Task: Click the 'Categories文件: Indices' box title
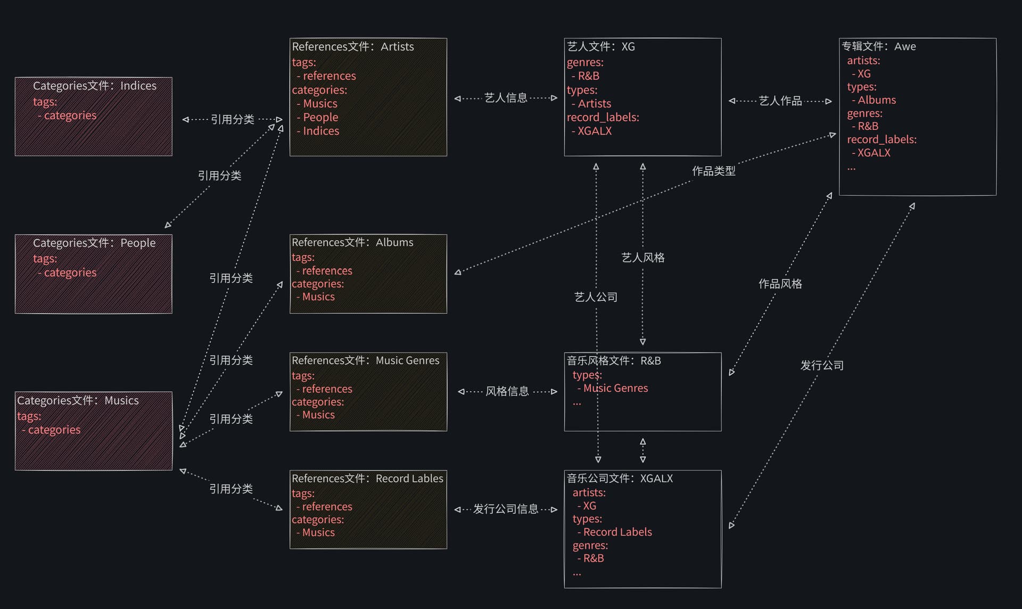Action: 95,86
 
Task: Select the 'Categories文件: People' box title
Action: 94,243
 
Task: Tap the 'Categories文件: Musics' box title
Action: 78,400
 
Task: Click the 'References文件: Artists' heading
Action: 352,47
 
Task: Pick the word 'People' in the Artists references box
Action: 320,117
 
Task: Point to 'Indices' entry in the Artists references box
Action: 321,131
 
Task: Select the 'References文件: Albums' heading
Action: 352,242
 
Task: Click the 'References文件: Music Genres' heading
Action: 365,360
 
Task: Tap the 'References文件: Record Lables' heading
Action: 367,479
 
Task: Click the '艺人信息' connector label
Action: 506,98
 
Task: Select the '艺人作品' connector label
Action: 780,101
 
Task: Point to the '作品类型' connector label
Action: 713,171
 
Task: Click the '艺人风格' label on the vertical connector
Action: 643,258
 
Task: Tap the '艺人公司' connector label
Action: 596,297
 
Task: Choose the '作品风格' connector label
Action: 780,284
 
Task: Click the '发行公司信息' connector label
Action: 506,509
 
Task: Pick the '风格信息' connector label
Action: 507,391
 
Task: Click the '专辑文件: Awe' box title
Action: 879,47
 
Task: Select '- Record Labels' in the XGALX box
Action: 615,532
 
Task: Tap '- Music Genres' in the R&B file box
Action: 613,388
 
